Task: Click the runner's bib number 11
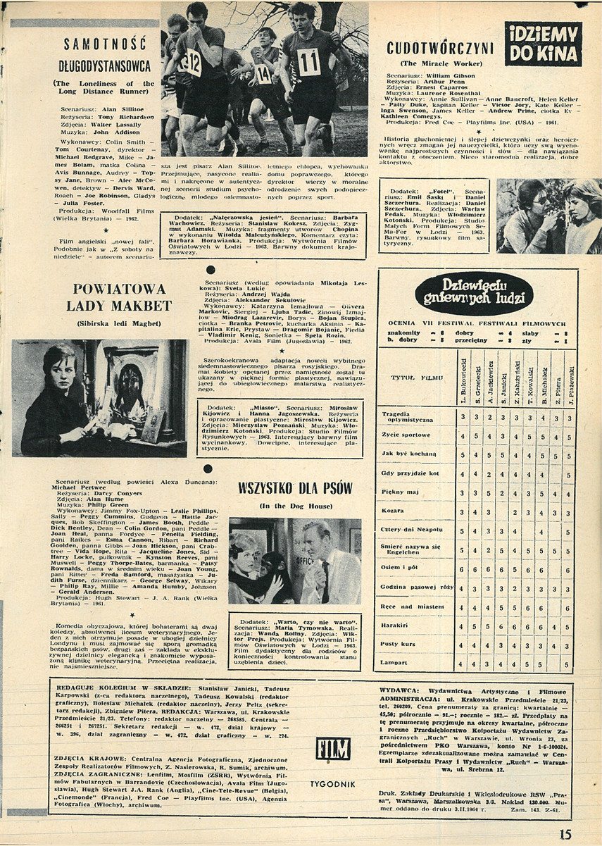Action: [x=308, y=61]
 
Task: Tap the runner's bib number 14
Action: [x=263, y=74]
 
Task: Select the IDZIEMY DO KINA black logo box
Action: [x=543, y=44]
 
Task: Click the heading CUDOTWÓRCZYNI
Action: [x=440, y=48]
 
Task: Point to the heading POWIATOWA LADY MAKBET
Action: [x=119, y=297]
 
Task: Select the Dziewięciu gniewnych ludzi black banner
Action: [x=473, y=293]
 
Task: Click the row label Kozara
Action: [x=394, y=511]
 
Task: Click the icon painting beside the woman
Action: [x=131, y=394]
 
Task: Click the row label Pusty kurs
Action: [x=398, y=644]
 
